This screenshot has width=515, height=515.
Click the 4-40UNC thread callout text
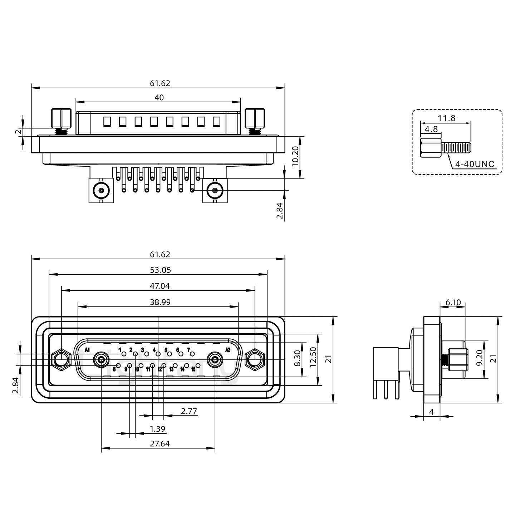point(475,164)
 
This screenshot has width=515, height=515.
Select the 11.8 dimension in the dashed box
point(447,118)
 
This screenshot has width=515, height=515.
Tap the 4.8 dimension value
point(431,128)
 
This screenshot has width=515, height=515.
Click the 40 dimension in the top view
point(159,97)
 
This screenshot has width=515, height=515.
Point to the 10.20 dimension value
point(295,157)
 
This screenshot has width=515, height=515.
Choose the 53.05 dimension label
point(160,270)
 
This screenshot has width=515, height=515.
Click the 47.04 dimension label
point(160,286)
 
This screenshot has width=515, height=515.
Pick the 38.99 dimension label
point(160,302)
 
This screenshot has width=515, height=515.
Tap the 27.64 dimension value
point(160,444)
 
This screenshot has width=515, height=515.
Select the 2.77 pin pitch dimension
point(189,411)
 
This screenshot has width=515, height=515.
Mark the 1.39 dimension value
point(157,429)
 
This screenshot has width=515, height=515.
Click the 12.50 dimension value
point(313,360)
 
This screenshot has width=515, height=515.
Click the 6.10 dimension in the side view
point(453,303)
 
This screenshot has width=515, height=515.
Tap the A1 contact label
point(87,349)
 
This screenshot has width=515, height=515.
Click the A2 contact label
point(227,349)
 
